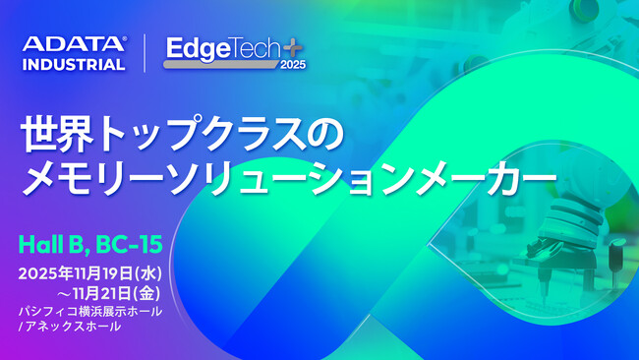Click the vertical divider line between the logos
coord(145,54)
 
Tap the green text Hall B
coord(54,243)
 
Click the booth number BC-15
coord(129,243)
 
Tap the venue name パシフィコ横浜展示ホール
coord(90,312)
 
